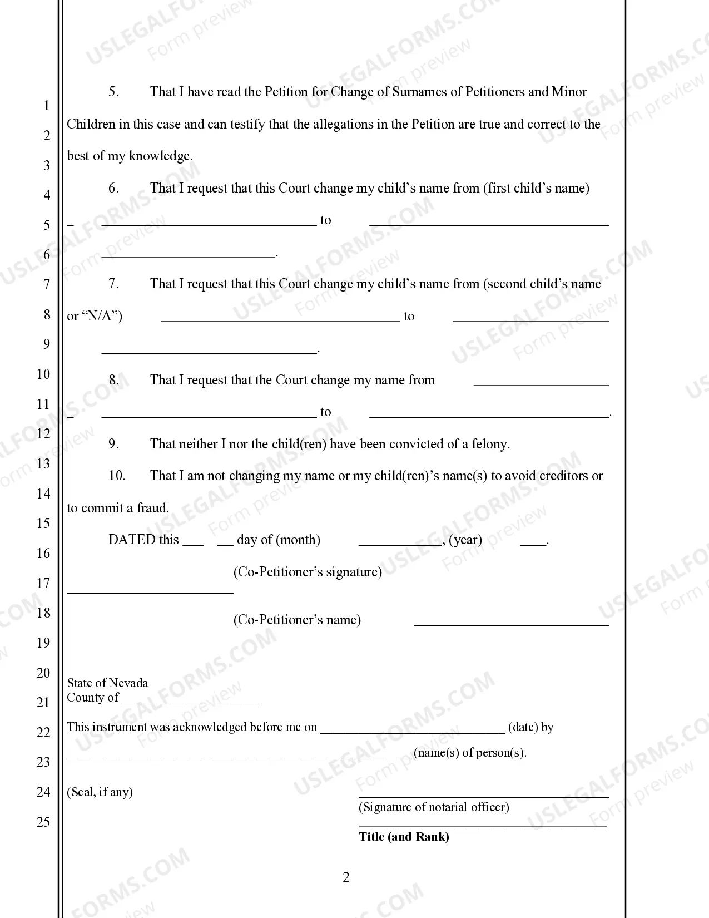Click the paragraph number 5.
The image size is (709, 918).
pyautogui.click(x=113, y=92)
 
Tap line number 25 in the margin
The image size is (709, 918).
pyautogui.click(x=43, y=822)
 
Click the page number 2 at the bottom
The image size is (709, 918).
pyautogui.click(x=346, y=877)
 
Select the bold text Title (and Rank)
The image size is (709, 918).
pyautogui.click(x=404, y=837)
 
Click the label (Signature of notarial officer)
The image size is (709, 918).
pyautogui.click(x=434, y=807)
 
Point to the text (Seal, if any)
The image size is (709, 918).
pyautogui.click(x=100, y=792)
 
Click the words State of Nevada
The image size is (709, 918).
pyautogui.click(x=108, y=683)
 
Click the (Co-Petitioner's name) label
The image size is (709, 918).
pyautogui.click(x=297, y=620)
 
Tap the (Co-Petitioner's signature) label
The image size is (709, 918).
pyautogui.click(x=308, y=572)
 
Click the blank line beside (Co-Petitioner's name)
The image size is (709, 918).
pyautogui.click(x=512, y=624)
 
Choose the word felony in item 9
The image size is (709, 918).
pyautogui.click(x=489, y=444)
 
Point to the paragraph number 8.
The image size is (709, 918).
pyautogui.click(x=113, y=380)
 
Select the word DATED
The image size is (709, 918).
pyautogui.click(x=132, y=540)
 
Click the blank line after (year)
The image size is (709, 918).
pyautogui.click(x=533, y=544)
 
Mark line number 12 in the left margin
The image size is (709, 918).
pyautogui.click(x=43, y=434)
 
